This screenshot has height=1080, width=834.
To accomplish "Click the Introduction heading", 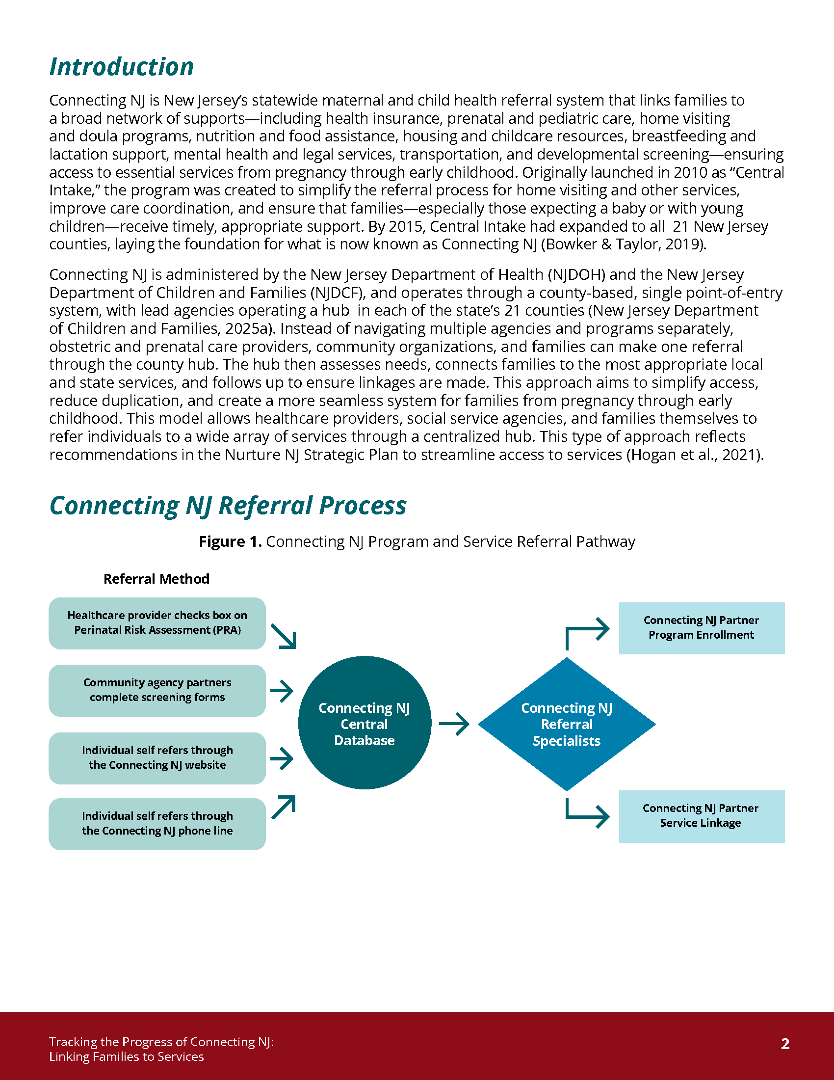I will click(x=122, y=67).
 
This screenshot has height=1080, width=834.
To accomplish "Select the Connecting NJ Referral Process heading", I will click(x=228, y=505).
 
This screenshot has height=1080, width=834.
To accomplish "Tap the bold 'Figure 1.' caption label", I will click(x=230, y=541).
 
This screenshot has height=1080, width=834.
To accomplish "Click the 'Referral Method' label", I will click(x=156, y=579).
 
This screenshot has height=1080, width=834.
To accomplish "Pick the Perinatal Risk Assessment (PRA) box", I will click(x=157, y=623).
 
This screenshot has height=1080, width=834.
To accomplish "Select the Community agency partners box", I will click(x=157, y=690).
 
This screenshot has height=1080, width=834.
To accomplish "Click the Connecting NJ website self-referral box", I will click(x=157, y=757).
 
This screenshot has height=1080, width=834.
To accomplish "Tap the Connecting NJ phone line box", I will click(x=157, y=824).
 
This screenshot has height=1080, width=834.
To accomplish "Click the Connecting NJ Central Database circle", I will click(x=365, y=723).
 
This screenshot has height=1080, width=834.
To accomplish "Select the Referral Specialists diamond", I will click(x=567, y=724).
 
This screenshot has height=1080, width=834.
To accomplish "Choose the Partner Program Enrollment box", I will click(x=702, y=628).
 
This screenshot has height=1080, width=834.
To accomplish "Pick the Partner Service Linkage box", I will click(x=702, y=816).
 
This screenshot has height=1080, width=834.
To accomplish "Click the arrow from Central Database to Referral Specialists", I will click(x=454, y=724).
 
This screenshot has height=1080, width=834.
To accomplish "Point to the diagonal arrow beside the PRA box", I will click(x=284, y=636).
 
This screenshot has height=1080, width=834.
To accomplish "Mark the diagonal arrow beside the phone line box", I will click(x=284, y=807).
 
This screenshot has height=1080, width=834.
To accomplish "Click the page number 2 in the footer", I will click(x=785, y=1043).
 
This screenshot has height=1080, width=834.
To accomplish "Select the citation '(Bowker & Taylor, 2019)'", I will click(x=623, y=244).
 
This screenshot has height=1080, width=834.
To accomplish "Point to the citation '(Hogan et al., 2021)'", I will click(x=695, y=455).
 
